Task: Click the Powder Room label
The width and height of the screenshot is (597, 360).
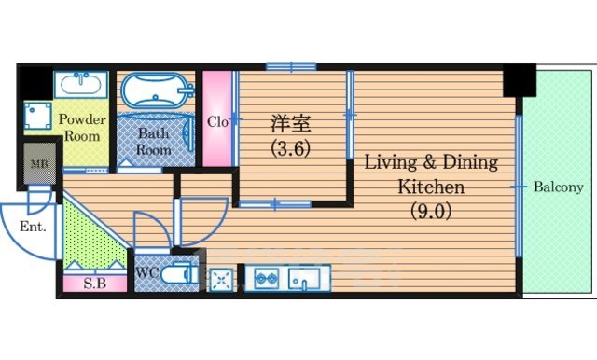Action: tap(82, 128)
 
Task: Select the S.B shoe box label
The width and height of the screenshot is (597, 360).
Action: tap(93, 284)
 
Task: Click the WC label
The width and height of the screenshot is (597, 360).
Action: tap(146, 272)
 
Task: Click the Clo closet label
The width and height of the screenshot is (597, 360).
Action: tap(216, 121)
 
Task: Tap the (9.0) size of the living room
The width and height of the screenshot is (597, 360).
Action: tap(430, 211)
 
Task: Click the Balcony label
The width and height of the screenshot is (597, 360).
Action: tap(558, 187)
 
